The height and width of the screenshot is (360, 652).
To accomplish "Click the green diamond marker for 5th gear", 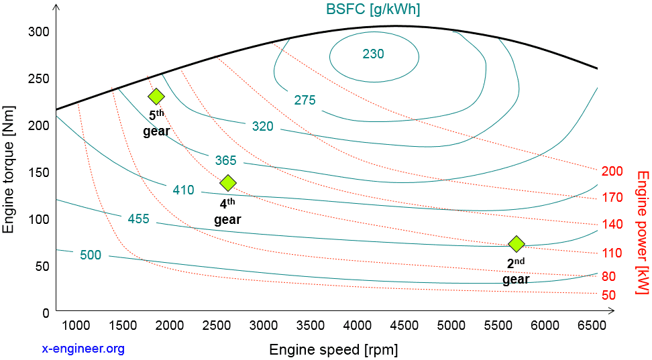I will [156, 97].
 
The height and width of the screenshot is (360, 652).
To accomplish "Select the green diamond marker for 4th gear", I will [228, 182].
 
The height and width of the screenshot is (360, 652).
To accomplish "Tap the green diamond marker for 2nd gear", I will [516, 243].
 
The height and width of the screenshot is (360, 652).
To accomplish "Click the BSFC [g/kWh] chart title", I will [374, 9].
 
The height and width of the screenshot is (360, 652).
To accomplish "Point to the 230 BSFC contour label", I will [373, 54].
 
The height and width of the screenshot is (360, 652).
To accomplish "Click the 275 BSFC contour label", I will [305, 100].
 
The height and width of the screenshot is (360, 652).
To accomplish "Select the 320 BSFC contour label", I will [262, 126].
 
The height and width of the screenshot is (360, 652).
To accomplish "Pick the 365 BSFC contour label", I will [225, 160].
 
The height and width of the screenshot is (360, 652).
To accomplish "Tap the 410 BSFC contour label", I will [183, 190].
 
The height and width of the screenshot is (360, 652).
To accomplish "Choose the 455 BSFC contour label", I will [138, 219].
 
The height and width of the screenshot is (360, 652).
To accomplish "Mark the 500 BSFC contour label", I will [91, 255].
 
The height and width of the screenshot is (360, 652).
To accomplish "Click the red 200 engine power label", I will [612, 171].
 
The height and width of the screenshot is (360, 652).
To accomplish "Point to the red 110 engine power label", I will [612, 253].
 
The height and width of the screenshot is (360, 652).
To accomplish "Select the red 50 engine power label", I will [609, 294].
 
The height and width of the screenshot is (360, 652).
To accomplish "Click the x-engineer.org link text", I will [83, 349].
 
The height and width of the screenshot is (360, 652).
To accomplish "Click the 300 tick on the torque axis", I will [40, 32].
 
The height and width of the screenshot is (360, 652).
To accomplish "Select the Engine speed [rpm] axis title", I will [333, 349].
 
